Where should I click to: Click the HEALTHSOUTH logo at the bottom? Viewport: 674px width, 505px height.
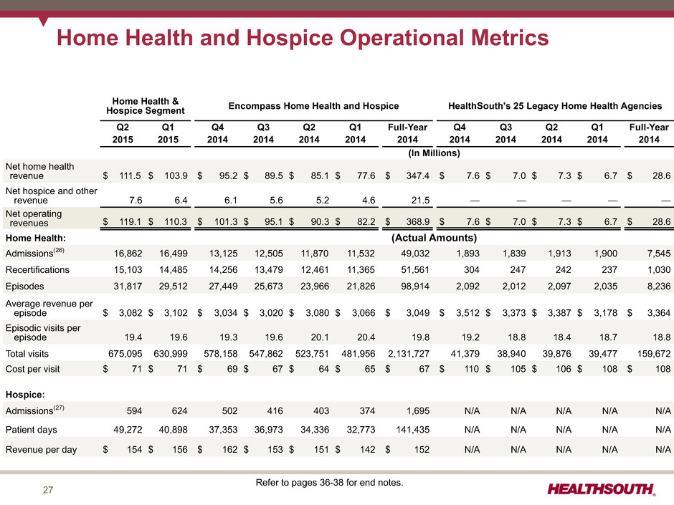602,489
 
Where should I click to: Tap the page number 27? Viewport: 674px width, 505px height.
48,490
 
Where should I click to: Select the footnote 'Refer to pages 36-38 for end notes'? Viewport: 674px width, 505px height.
329,483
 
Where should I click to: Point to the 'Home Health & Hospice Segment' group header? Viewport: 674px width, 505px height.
146,106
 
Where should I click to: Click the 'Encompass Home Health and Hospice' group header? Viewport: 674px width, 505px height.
313,106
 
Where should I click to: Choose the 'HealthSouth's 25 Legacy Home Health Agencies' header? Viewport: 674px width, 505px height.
555,106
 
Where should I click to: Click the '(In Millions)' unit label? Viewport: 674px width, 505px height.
434,153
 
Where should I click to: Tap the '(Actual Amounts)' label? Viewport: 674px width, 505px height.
434,238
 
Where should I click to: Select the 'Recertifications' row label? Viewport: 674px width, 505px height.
37,269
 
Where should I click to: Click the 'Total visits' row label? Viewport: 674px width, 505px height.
27,354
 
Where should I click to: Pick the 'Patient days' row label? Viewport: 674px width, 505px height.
32,430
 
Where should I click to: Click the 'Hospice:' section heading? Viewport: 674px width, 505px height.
25,395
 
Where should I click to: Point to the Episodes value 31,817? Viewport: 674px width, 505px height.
128,287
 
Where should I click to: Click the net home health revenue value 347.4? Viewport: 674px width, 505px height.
418,175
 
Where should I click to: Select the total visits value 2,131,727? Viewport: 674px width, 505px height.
409,354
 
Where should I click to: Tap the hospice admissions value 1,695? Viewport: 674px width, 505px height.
418,411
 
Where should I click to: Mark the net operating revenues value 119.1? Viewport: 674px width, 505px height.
130,221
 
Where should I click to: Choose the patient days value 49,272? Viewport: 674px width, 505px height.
128,430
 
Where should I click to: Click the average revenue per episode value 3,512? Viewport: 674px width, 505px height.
467,313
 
